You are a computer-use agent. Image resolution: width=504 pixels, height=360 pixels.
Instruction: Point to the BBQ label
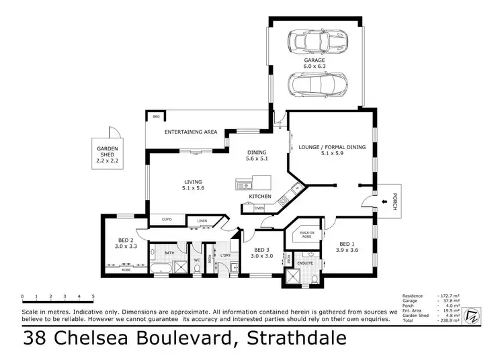click(x=156, y=118)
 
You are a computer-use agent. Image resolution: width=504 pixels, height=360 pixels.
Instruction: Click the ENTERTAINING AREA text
click(x=191, y=132)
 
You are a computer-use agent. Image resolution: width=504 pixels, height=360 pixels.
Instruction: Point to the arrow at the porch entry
click(x=384, y=199)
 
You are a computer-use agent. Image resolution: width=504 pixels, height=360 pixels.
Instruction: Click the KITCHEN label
click(x=260, y=196)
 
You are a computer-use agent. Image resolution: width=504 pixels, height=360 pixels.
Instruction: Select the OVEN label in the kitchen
click(x=259, y=208)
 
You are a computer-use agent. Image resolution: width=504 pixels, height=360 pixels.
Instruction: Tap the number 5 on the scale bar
click(x=93, y=296)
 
